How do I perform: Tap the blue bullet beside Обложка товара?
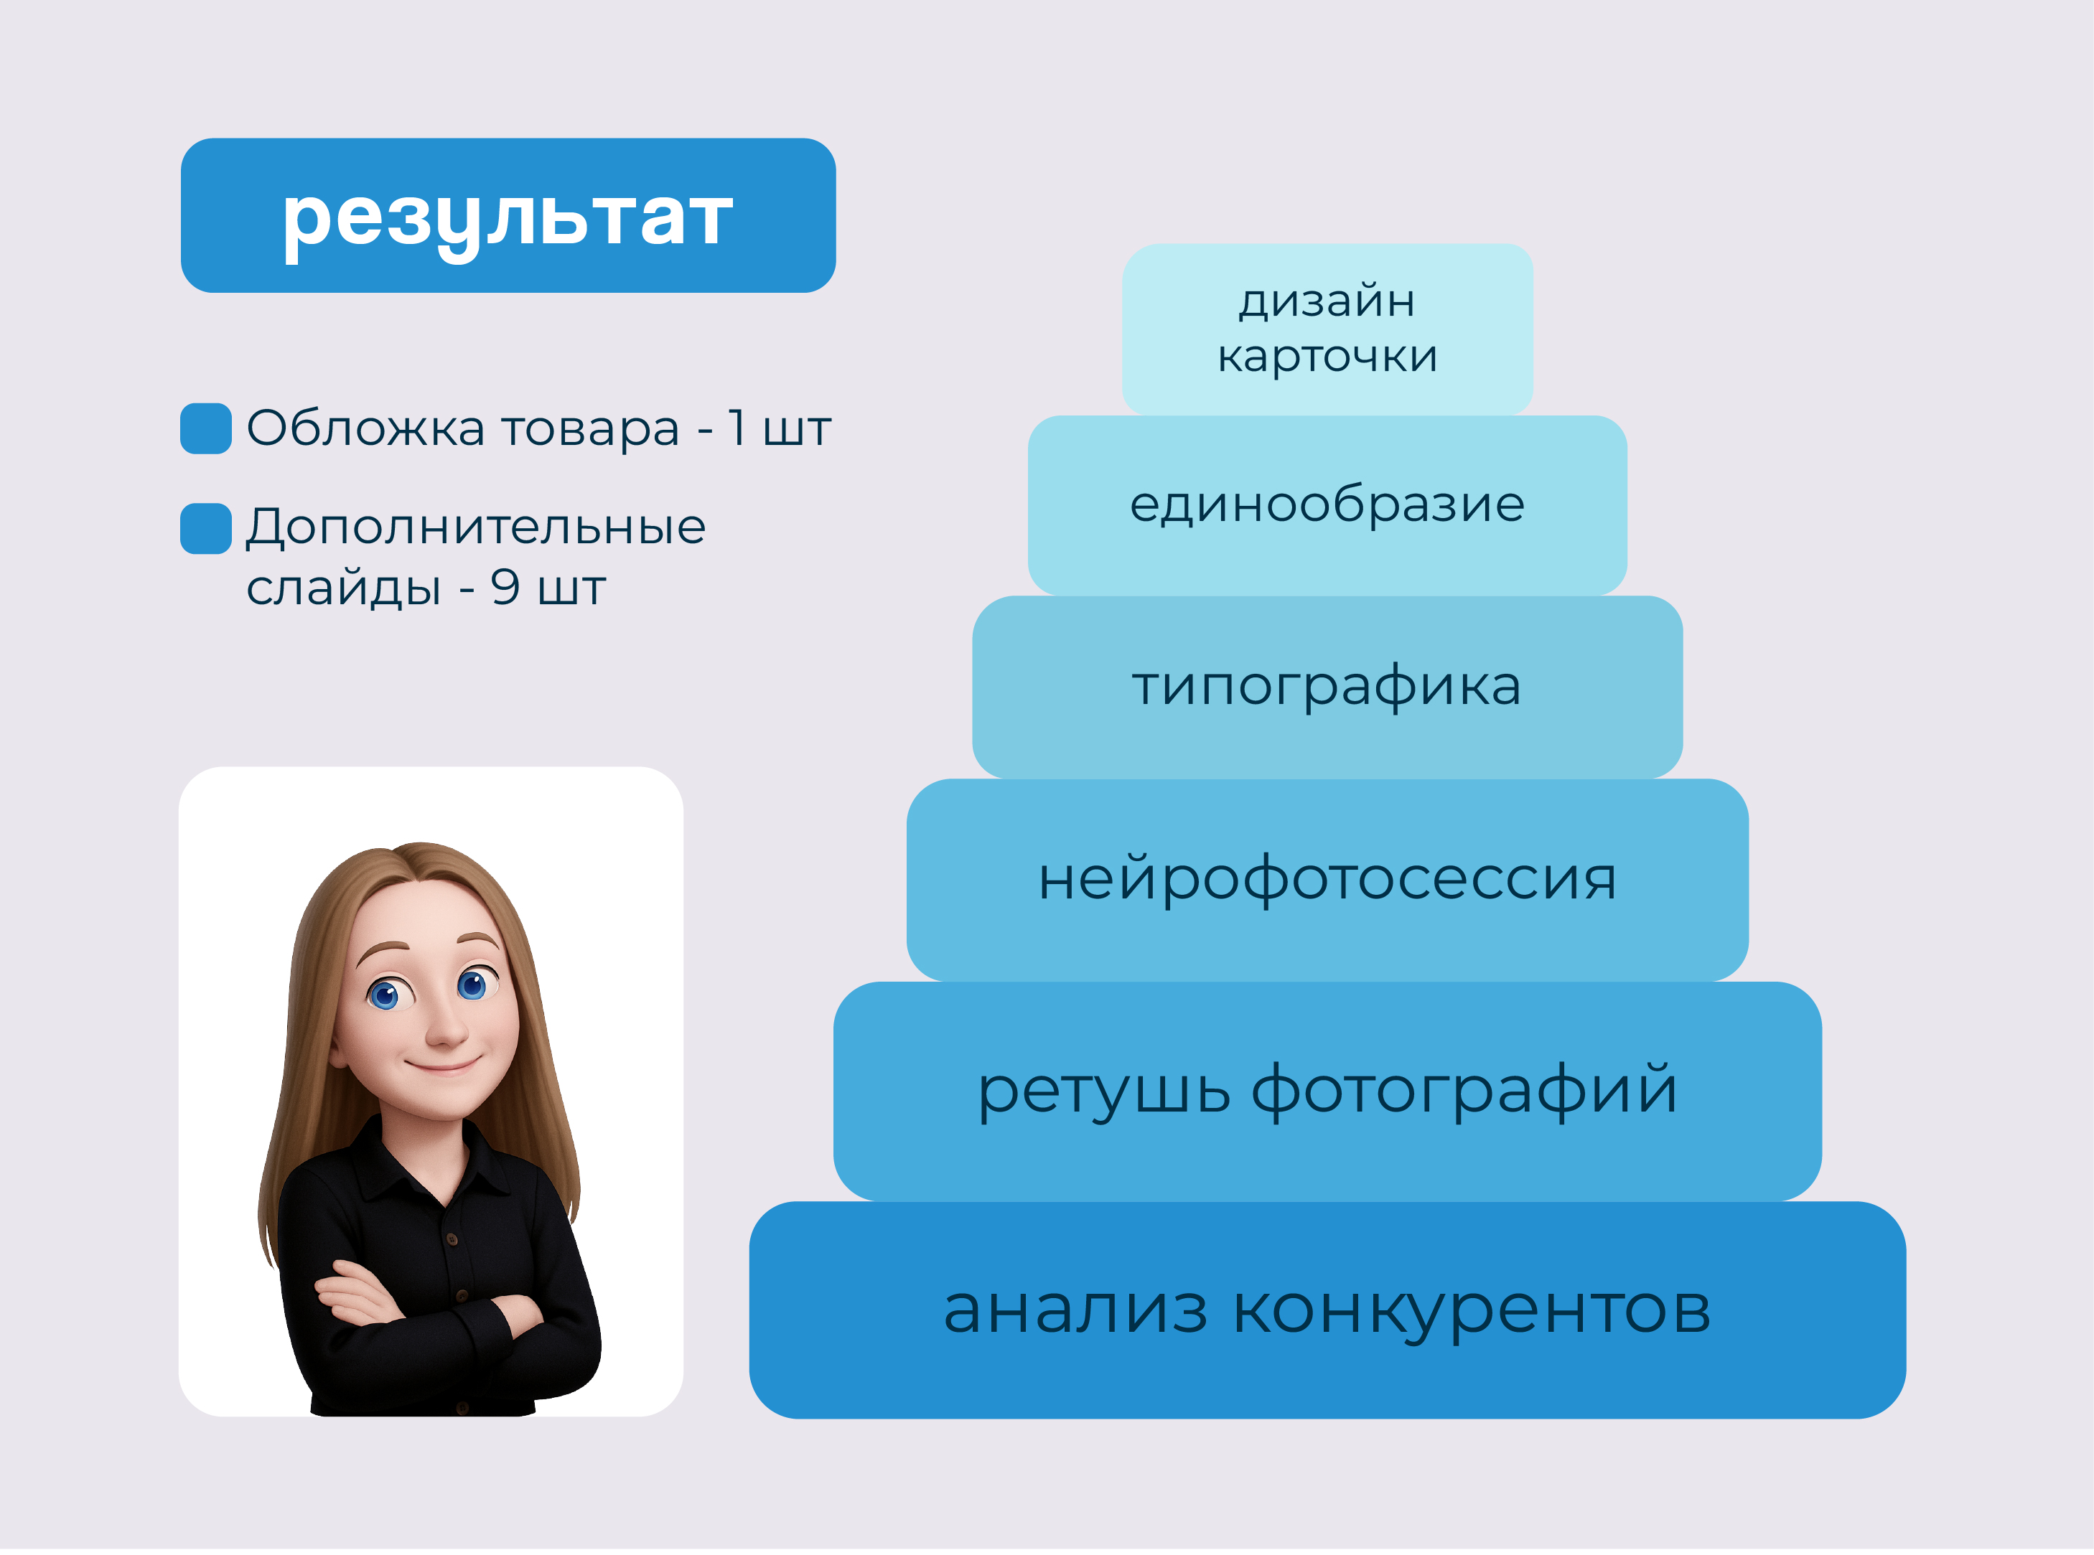(205, 428)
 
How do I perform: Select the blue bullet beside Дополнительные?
(205, 528)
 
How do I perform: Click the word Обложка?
(365, 428)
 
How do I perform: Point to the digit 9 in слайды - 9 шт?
(505, 588)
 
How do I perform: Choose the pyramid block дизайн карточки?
(1327, 329)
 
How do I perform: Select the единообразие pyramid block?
(1327, 505)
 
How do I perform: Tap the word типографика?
(1327, 686)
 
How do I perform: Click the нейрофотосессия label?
(1327, 879)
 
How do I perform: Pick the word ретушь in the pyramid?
(1103, 1091)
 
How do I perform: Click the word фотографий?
(1464, 1091)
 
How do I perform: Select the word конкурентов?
(1471, 1310)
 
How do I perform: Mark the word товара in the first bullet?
(590, 429)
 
